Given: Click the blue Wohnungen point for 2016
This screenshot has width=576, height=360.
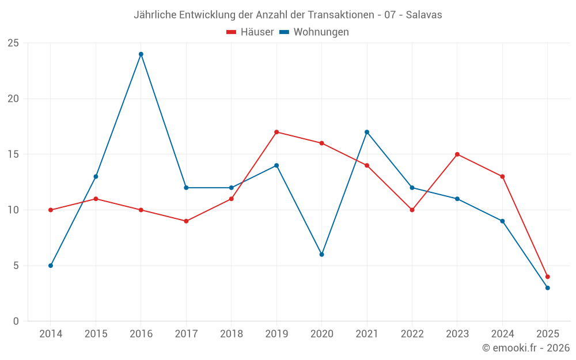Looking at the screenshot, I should (x=141, y=54).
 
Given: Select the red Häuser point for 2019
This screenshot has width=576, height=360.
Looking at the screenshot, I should (x=276, y=132).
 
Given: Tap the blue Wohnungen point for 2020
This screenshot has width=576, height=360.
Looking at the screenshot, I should (x=321, y=254).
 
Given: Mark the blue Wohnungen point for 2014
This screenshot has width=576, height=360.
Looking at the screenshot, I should (x=51, y=266).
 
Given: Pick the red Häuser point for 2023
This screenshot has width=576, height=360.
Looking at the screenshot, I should (x=457, y=154).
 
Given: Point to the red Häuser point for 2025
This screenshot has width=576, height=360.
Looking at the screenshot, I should (x=547, y=276).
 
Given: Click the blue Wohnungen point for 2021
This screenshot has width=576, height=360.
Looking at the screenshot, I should (x=367, y=132).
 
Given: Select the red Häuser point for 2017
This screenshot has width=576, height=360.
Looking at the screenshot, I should (x=186, y=221).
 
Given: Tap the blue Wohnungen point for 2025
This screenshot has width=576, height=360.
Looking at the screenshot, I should (x=547, y=288).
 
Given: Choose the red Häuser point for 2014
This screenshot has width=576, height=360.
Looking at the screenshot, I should (x=51, y=210).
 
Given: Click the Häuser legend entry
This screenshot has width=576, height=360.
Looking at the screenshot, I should (x=250, y=32).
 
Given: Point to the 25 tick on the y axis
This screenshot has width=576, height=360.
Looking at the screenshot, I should (x=13, y=43).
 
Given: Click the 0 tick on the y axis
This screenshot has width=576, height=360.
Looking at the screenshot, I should (x=16, y=321).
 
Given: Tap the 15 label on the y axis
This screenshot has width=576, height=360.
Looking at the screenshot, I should (x=13, y=154).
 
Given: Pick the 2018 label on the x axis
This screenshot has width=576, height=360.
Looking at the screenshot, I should (x=231, y=334).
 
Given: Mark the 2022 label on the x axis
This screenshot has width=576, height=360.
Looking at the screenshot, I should (x=412, y=334).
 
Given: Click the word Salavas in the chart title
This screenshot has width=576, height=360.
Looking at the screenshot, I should (x=424, y=15).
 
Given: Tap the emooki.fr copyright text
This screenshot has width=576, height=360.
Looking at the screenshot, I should (x=525, y=348).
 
